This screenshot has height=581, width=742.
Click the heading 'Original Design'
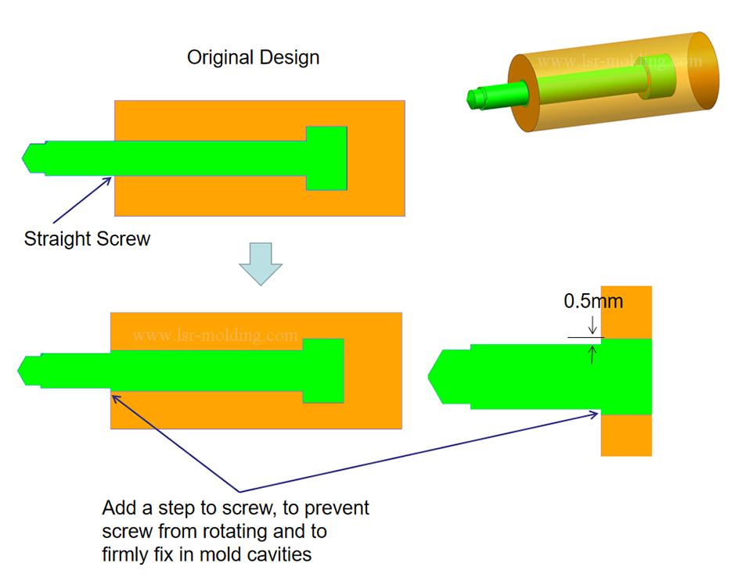253,58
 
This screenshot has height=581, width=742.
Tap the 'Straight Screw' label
87,238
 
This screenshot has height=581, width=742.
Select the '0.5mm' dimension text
593,301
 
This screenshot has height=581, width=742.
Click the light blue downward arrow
260,264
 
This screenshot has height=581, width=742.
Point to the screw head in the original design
326,158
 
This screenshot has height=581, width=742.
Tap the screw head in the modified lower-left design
323,371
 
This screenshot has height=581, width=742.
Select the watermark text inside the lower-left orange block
215,335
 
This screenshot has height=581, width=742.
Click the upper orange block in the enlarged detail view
626,311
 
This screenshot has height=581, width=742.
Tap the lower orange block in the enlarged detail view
626,435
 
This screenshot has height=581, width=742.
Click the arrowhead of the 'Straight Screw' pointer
110,179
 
